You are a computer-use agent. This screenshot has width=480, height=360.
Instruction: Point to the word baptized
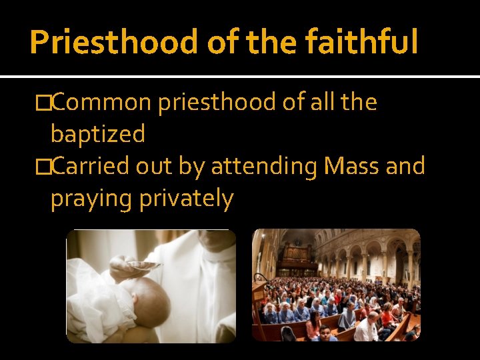(98, 135)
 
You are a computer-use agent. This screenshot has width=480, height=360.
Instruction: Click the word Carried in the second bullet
(91, 167)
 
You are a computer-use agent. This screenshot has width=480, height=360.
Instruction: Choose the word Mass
(350, 167)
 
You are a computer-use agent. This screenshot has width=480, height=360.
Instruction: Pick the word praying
(93, 199)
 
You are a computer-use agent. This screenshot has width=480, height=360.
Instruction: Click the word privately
(187, 199)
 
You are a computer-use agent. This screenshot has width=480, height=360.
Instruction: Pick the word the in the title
(266, 42)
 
